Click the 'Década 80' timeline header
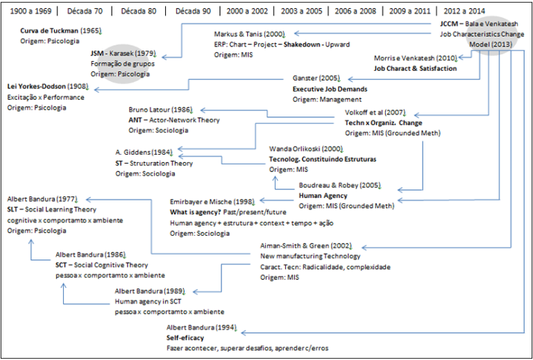[x=139, y=11]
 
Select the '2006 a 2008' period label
[x=355, y=11]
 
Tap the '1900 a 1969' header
[x=31, y=11]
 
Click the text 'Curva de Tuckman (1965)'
[x=60, y=31]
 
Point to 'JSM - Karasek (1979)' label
[x=123, y=53]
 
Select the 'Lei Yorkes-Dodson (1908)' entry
[x=48, y=87]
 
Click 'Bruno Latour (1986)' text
[x=160, y=110]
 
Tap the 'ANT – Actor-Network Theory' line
[x=174, y=120]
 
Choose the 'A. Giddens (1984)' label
[x=144, y=153]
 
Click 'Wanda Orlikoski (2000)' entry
[x=306, y=148]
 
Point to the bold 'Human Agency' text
[x=323, y=196]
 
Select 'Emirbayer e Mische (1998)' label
[x=212, y=202]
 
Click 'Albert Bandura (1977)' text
[x=42, y=199]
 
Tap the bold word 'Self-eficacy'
[x=185, y=338]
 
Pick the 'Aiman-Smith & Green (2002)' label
[x=306, y=246]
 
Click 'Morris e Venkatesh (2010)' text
[x=416, y=58]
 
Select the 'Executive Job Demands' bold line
[x=330, y=89]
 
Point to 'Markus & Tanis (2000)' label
[x=250, y=34]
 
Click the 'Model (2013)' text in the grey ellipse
[x=491, y=44]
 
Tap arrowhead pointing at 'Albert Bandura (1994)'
[x=244, y=333]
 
